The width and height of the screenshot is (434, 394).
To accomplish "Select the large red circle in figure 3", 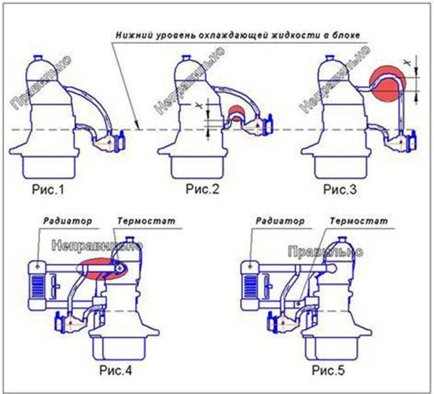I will (387, 83).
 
